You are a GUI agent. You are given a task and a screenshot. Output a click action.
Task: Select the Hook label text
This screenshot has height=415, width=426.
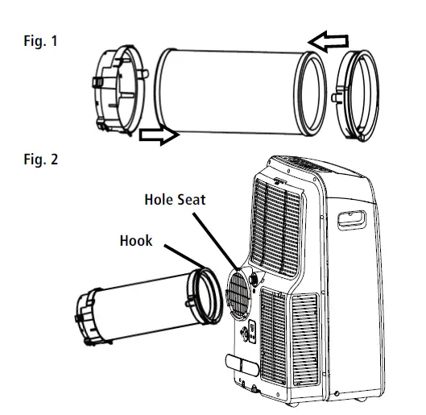(x=136, y=241)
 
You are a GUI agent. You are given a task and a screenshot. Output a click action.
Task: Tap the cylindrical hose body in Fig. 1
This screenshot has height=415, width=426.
(x=230, y=89)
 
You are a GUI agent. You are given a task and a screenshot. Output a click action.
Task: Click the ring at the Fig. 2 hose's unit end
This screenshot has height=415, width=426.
(x=205, y=295)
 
